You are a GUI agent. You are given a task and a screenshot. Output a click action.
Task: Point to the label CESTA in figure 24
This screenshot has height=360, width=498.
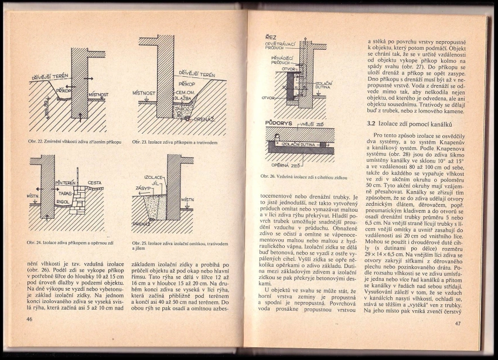[x=94, y=183]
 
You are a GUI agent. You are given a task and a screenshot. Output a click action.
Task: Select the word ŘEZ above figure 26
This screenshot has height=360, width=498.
[x=271, y=37]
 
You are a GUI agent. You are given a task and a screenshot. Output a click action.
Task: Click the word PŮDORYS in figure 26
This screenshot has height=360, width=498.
[x=278, y=124]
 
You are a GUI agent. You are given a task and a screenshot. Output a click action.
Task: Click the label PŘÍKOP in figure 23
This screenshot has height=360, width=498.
[x=186, y=85]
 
